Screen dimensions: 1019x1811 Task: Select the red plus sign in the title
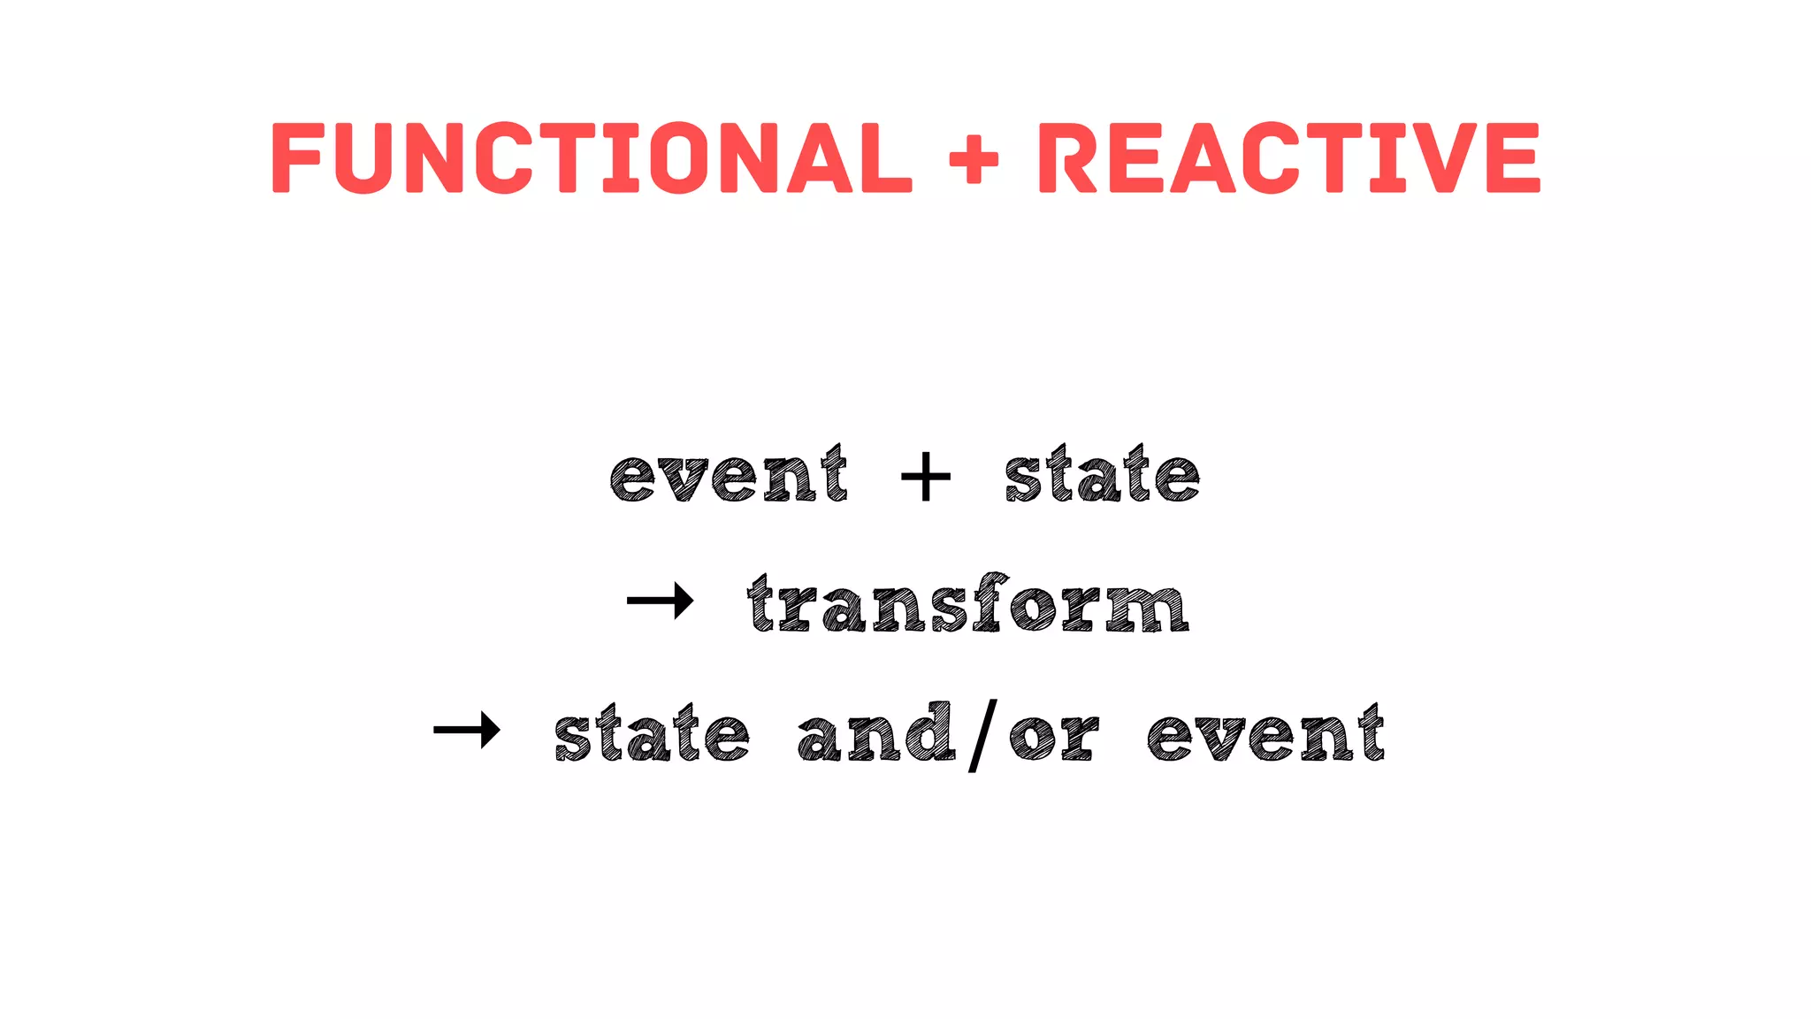(974, 159)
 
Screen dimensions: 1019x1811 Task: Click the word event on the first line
(729, 476)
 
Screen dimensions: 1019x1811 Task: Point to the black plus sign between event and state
(925, 477)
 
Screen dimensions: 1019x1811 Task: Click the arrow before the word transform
(660, 601)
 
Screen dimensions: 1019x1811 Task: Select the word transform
(967, 605)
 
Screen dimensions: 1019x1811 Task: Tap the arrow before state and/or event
(467, 731)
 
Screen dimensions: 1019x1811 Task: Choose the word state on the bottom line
(652, 734)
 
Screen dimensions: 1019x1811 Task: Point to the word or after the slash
(1054, 738)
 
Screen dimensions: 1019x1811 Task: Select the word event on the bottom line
(1265, 734)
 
